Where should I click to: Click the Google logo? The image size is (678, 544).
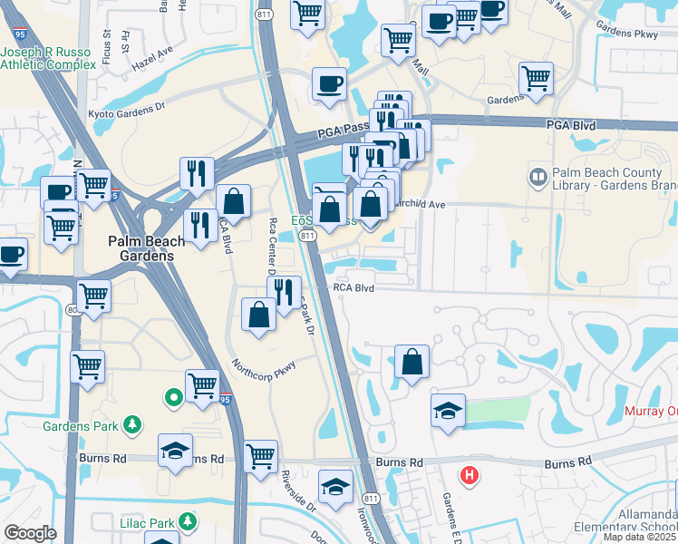tap(30, 533)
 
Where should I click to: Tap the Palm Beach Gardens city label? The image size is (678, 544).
tap(146, 248)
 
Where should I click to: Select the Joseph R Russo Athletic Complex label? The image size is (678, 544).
tap(47, 57)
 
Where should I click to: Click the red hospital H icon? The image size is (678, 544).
tap(469, 474)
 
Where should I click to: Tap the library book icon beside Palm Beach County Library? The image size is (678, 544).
tap(538, 174)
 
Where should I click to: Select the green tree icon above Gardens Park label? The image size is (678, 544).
tap(132, 423)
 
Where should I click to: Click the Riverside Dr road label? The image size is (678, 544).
tap(297, 490)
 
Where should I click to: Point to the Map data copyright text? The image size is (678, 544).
tap(640, 537)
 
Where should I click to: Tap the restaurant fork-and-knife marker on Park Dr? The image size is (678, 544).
tap(286, 292)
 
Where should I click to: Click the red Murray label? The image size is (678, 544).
tap(651, 412)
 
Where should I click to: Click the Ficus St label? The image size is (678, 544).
tap(106, 41)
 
